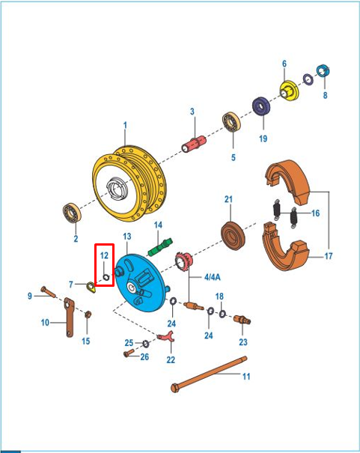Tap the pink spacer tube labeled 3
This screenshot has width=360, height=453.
pos(194,144)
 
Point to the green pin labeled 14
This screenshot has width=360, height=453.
pos(160,246)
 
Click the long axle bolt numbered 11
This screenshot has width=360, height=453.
pos(209,374)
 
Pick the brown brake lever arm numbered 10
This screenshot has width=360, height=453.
pos(69,317)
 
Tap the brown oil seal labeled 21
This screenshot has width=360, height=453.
pos(233,235)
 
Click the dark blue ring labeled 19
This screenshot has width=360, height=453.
pos(261,106)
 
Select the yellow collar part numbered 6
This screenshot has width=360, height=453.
pos(289,91)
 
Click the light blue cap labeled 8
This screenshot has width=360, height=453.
pos(323,71)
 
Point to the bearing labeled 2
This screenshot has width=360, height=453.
pos(72,213)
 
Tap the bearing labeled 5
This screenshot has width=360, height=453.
pos(231,121)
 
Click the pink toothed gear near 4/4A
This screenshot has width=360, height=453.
pos(183,261)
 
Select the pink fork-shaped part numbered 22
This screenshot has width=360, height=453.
pos(166,336)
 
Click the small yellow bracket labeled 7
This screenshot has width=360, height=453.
pos(91,288)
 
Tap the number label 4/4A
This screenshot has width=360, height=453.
pos(213,277)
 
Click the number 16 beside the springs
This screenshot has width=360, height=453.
pos(315,213)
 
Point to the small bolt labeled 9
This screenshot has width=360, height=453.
pos(48,291)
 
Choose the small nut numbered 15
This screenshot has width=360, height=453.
pos(88,314)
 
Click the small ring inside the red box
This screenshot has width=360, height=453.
pos(106,277)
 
